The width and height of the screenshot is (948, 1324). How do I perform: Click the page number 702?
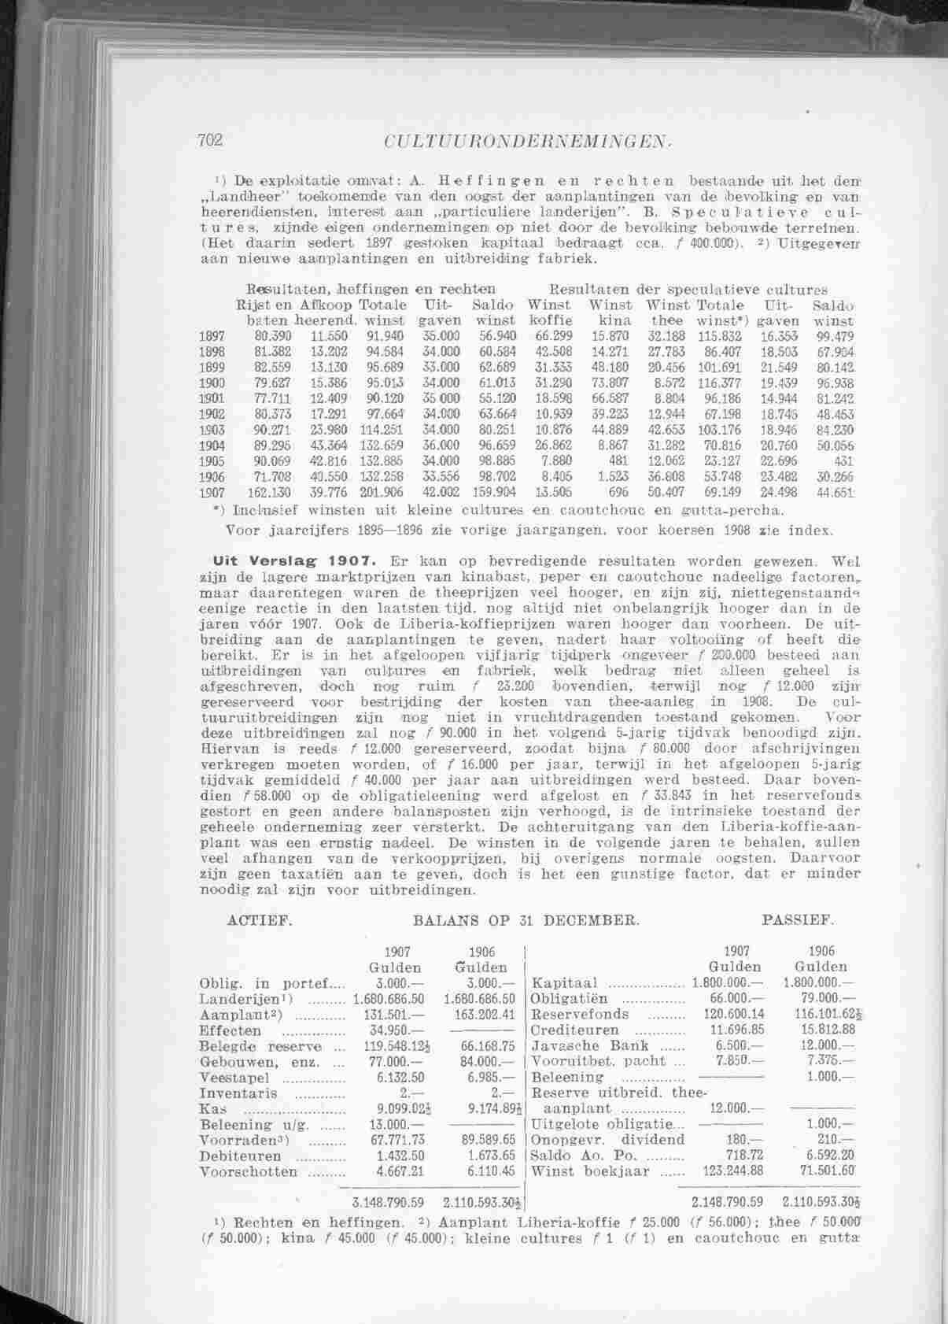(212, 140)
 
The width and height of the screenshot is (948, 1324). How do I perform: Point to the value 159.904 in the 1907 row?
(494, 493)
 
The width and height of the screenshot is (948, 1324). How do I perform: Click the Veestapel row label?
(235, 1078)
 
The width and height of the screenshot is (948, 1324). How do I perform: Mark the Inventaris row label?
(239, 1093)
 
